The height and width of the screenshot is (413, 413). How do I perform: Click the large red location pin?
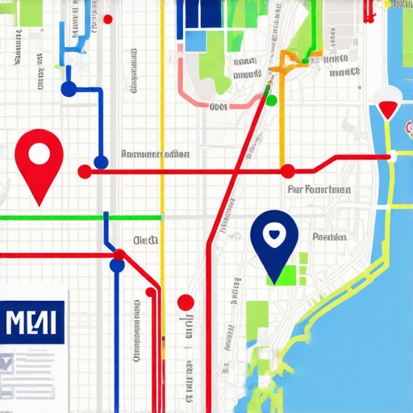coord(38,157)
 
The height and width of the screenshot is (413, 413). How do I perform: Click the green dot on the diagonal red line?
coord(271,100)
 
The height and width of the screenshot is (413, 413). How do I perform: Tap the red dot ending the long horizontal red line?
coord(84,171)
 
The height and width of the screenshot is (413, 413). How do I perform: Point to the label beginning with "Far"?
coord(319,191)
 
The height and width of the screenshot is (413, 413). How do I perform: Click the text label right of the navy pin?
coord(329,237)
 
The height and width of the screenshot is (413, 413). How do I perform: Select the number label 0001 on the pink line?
coord(218,106)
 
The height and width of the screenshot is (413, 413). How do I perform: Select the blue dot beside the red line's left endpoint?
coord(101,161)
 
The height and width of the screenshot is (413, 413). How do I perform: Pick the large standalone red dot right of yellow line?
coord(186,302)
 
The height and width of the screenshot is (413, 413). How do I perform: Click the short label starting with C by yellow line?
coord(146,240)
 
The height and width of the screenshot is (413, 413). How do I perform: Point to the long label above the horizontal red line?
coord(155,153)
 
